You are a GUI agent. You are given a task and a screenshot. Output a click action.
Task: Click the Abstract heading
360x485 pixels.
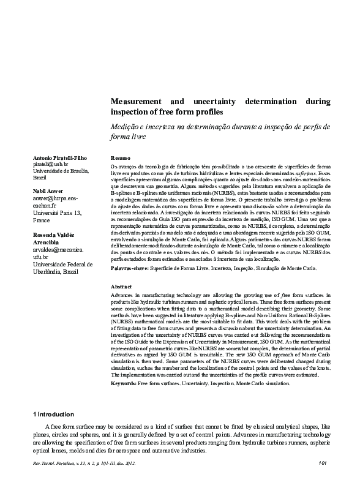[121, 287]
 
